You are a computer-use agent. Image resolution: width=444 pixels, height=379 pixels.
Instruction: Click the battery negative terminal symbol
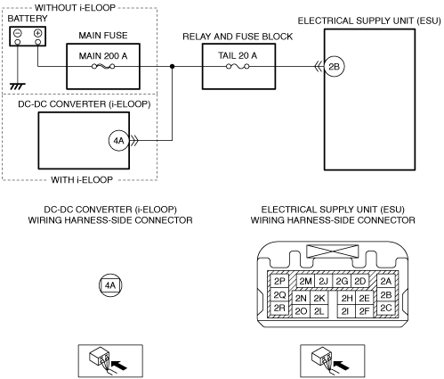coord(18,33)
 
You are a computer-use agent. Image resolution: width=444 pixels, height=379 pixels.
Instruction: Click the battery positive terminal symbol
coord(37,33)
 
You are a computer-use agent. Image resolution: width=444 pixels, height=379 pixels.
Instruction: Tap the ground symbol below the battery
coord(18,87)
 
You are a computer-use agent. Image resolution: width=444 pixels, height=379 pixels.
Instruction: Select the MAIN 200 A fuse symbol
coord(103,67)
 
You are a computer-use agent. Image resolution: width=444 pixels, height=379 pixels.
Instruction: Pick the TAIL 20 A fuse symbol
coord(238,67)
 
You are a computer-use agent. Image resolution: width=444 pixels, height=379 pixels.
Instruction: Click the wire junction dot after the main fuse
coord(172,66)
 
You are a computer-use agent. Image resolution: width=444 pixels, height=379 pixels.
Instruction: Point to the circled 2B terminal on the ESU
coord(334,66)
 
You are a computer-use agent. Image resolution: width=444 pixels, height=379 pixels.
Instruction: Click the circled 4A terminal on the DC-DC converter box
coord(119,140)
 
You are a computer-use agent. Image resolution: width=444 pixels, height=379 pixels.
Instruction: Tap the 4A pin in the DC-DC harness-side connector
coord(110,285)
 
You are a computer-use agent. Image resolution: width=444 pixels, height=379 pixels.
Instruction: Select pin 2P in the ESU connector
coord(279,281)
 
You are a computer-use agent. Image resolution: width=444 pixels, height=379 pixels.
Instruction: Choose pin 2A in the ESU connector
coord(386,281)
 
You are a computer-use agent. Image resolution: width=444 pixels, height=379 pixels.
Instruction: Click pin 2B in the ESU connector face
coord(386,295)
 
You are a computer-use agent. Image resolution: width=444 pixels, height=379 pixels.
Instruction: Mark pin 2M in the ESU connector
coord(305,281)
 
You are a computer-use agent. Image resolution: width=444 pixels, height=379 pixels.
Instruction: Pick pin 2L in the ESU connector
coord(319,311)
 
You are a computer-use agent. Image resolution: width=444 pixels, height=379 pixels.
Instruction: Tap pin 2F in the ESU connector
coord(364,311)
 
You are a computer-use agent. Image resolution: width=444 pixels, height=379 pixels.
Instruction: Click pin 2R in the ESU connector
coord(279,309)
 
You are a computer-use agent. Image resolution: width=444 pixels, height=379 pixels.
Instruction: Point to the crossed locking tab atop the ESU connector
coord(332,251)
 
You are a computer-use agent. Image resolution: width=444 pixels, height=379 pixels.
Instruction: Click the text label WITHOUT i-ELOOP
coord(75,7)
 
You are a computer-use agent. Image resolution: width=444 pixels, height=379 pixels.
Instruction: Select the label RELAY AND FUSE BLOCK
coord(238,37)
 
